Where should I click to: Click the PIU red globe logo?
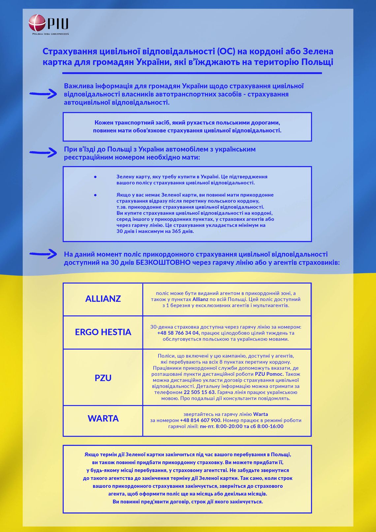click(x=37, y=23)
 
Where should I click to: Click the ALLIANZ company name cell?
click(x=103, y=299)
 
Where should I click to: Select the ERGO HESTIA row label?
click(x=103, y=332)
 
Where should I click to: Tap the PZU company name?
click(x=103, y=378)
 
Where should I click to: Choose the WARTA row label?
click(x=103, y=419)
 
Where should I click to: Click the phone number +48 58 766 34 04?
click(x=178, y=333)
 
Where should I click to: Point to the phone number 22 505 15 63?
click(x=199, y=392)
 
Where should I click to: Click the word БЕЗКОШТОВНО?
click(x=163, y=263)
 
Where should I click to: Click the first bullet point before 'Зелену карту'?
click(x=95, y=177)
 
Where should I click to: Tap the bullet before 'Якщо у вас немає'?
click(x=95, y=195)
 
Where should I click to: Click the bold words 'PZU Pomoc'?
click(x=269, y=374)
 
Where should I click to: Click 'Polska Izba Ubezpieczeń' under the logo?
click(x=50, y=34)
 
